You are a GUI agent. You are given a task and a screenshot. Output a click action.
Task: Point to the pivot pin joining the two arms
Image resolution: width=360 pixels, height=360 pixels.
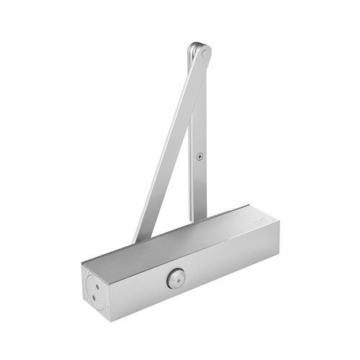[x=203, y=52]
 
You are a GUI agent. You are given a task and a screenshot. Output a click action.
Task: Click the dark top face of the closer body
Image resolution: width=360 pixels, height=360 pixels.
[x=180, y=238]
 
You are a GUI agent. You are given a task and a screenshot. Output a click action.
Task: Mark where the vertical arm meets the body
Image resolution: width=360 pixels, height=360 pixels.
[x=197, y=216]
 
